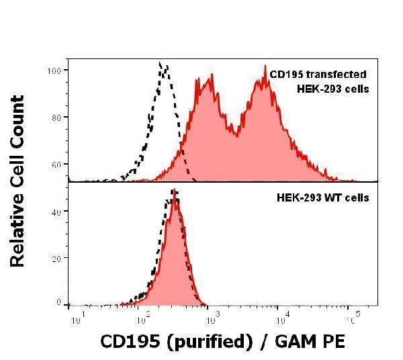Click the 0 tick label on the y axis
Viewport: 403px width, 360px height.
[x=60, y=303]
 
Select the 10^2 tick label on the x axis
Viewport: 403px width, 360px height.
[x=143, y=316]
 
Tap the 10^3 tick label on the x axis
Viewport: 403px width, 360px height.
[x=213, y=316]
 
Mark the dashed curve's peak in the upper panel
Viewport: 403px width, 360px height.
[x=161, y=64]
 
